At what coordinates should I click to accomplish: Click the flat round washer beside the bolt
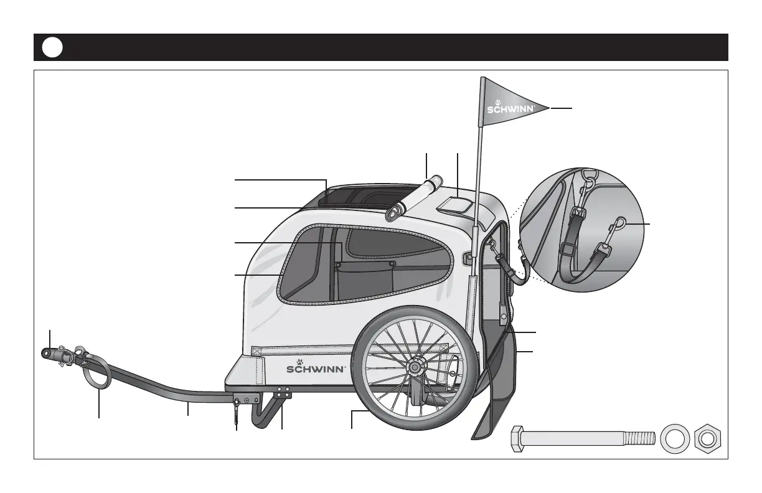(x=673, y=438)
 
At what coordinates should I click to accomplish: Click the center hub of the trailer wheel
(x=413, y=369)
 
